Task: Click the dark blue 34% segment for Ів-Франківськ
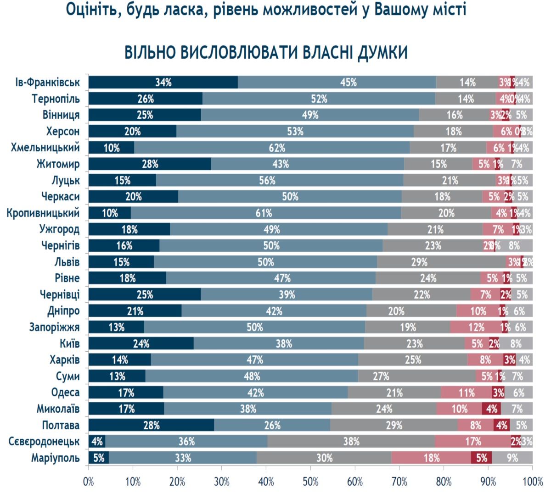163,83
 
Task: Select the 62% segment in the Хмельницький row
272,148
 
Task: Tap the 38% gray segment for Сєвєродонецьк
351,442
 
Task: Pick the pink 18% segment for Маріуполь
431,458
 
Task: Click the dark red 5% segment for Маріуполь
481,458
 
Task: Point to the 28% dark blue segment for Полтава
151,425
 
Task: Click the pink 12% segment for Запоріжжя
476,327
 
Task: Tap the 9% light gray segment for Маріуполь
512,458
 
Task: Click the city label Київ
69,343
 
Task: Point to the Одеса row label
65,393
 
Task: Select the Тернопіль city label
56,99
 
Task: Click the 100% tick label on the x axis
532,482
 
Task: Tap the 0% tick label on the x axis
88,482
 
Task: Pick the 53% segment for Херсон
295,131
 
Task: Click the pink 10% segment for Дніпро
478,311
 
